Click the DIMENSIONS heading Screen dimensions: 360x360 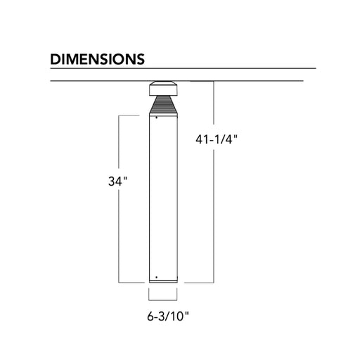(x=97, y=59)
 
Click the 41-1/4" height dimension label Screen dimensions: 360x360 (x=217, y=140)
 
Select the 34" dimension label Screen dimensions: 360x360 (x=117, y=181)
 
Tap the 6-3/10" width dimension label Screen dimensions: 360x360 (x=168, y=316)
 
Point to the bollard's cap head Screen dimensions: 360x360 (x=163, y=89)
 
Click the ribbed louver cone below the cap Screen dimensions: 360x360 (x=163, y=105)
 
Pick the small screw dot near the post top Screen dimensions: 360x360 (x=156, y=117)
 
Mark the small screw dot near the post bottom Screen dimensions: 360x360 (x=157, y=277)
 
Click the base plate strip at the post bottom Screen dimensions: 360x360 (x=163, y=281)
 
